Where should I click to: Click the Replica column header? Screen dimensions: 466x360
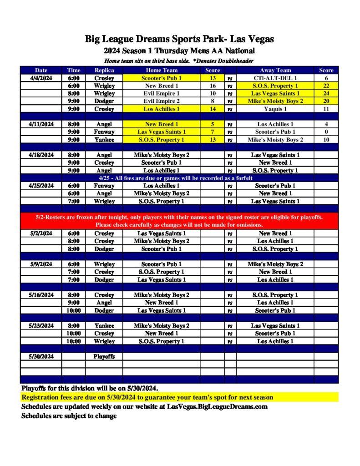click(x=104, y=70)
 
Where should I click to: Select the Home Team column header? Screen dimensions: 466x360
click(x=162, y=70)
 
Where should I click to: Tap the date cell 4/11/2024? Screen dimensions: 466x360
click(x=41, y=124)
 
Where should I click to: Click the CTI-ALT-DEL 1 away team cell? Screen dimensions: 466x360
click(x=275, y=78)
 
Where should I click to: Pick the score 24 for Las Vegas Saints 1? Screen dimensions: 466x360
click(x=326, y=93)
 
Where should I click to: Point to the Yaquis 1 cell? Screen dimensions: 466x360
click(x=275, y=109)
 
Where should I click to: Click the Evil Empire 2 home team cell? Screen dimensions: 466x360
click(x=162, y=101)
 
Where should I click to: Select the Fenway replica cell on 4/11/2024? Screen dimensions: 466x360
click(x=104, y=132)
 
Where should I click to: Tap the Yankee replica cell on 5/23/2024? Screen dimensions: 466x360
click(x=104, y=325)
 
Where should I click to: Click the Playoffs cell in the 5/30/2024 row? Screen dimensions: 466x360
click(x=104, y=356)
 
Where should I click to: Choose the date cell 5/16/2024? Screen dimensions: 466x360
click(x=41, y=295)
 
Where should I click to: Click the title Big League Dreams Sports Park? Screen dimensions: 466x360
click(x=179, y=39)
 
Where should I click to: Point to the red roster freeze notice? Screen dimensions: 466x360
click(x=179, y=221)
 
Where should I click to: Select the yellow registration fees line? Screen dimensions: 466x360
click(x=147, y=397)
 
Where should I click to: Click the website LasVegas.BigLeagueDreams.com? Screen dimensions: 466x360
click(x=217, y=406)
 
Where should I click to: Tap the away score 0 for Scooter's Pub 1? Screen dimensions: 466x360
click(x=326, y=132)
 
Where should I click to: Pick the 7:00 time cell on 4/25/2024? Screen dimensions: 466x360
click(x=73, y=201)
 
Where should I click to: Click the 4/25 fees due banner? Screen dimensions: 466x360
click(x=179, y=178)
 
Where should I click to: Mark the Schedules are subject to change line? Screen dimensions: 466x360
click(x=69, y=415)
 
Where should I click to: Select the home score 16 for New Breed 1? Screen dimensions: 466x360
click(x=213, y=86)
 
